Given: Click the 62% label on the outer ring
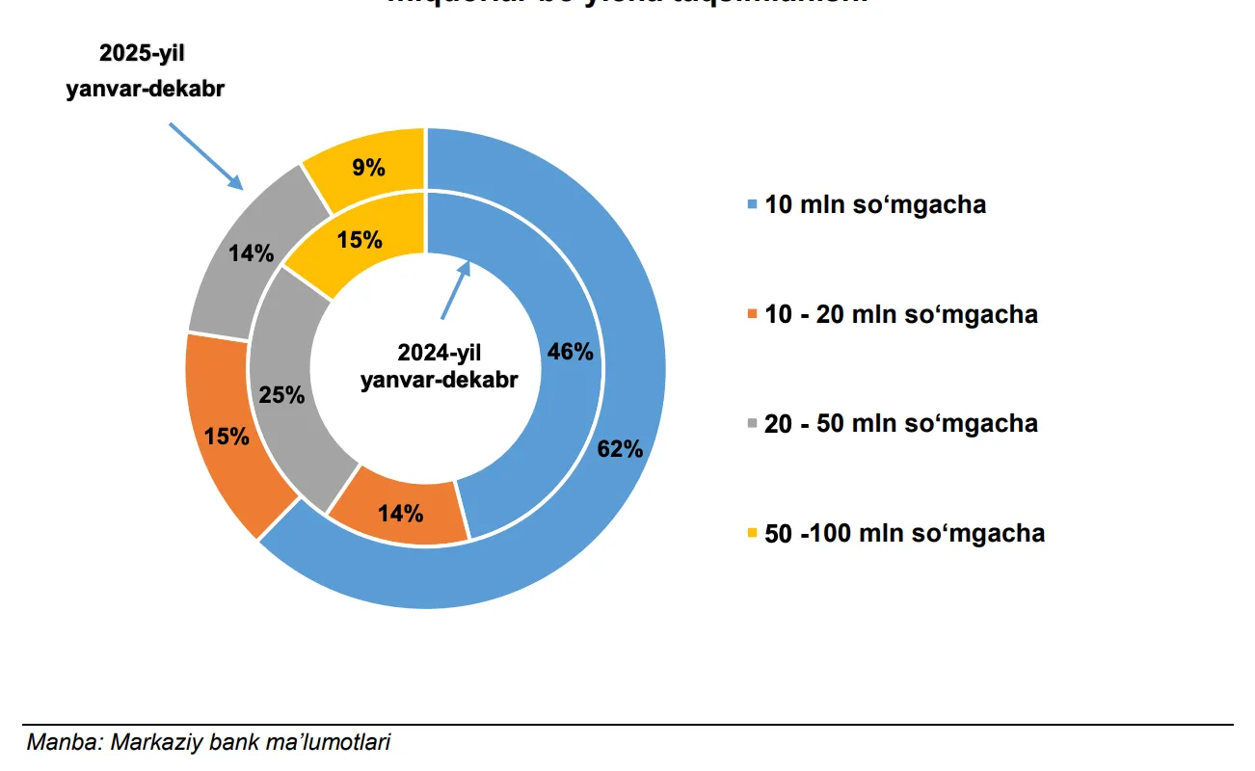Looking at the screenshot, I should click(x=620, y=449).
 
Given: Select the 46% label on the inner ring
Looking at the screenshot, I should click(x=570, y=352).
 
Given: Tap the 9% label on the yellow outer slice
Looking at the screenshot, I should click(x=368, y=168).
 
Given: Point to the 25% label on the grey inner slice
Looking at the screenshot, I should click(x=281, y=394).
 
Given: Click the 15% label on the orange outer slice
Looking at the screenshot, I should click(x=227, y=436).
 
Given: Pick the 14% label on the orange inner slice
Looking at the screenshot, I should click(x=400, y=513).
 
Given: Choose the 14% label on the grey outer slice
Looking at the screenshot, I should click(x=251, y=254).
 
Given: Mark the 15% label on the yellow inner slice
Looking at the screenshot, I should click(x=360, y=240).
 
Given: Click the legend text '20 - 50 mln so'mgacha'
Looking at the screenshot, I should click(x=900, y=424).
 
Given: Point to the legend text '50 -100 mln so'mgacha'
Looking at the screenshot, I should click(x=904, y=534).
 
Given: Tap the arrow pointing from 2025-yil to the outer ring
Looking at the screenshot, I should click(x=205, y=154).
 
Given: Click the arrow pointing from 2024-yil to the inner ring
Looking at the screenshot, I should click(x=455, y=289).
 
